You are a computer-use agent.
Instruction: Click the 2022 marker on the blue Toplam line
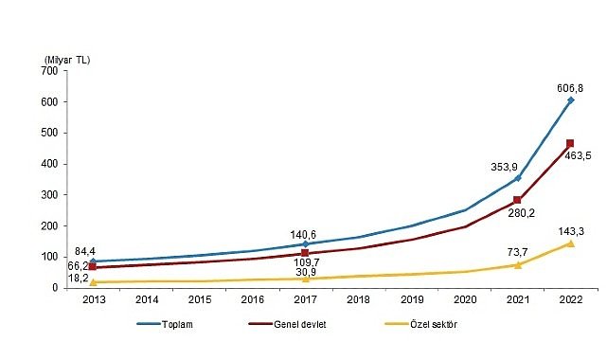point(570,99)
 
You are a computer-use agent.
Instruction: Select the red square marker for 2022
point(570,144)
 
